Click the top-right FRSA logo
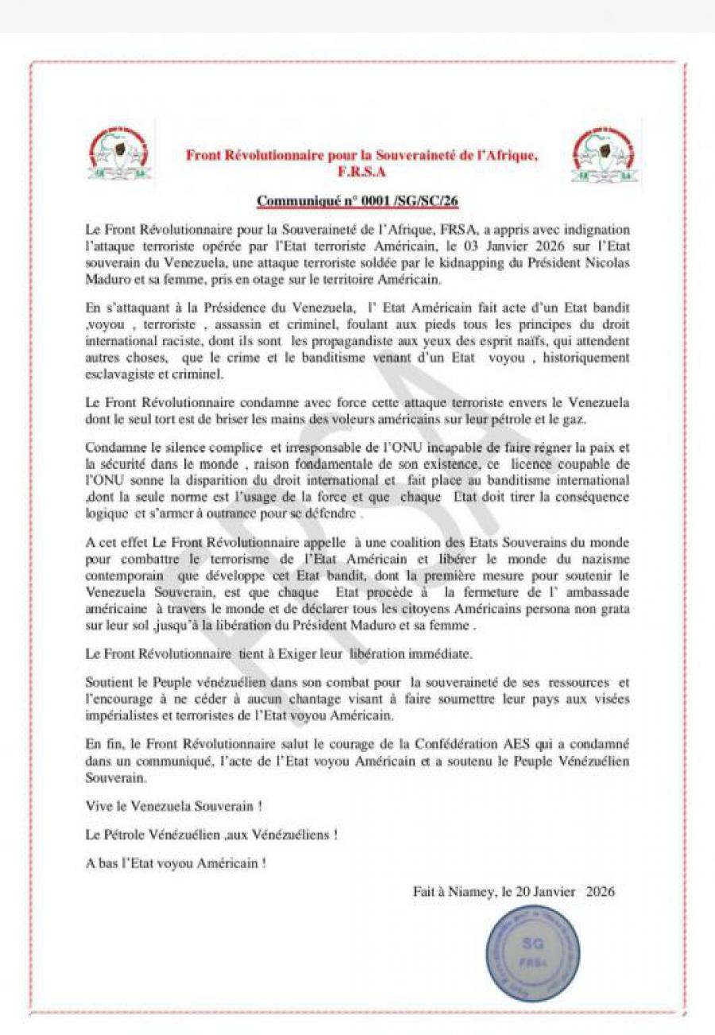(x=604, y=154)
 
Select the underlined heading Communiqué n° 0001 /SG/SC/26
(x=357, y=201)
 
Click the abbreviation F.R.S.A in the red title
(x=361, y=171)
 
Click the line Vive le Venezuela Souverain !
(x=174, y=806)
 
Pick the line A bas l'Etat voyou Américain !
(x=176, y=863)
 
